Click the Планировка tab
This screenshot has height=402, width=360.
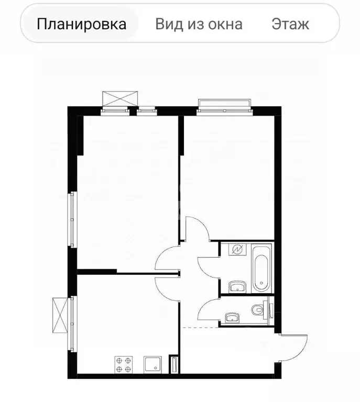click(x=82, y=24)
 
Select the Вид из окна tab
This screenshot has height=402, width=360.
click(x=199, y=24)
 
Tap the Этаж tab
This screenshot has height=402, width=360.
click(x=290, y=24)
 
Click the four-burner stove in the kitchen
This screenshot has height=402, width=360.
click(x=124, y=364)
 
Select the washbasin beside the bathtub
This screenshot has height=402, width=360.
click(x=237, y=286)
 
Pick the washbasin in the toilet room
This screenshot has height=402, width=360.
click(x=231, y=318)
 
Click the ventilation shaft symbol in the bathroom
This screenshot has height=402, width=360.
click(x=237, y=250)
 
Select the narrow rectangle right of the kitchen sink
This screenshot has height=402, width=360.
click(x=174, y=364)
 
